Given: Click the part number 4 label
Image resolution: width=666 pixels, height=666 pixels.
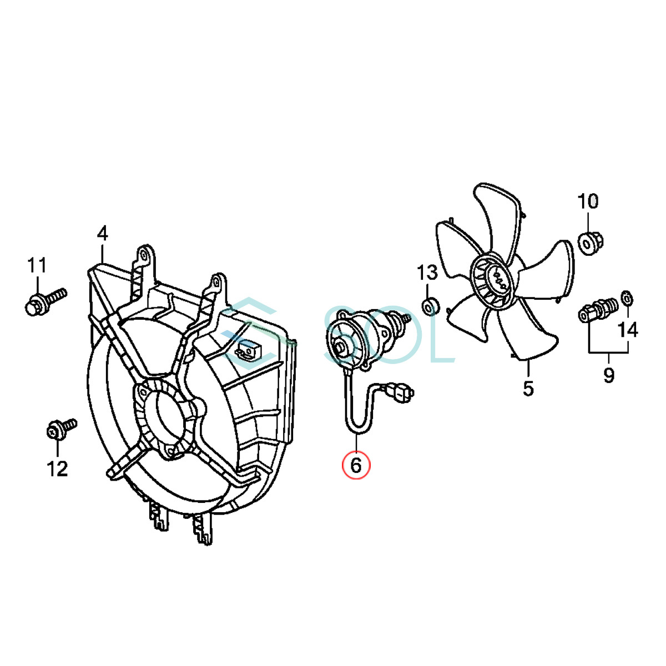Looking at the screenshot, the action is pyautogui.click(x=103, y=234).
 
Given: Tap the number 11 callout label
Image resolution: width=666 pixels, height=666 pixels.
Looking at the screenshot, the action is pyautogui.click(x=37, y=266).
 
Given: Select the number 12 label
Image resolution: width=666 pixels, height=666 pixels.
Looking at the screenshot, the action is pyautogui.click(x=57, y=468).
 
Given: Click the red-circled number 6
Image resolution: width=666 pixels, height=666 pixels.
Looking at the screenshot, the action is pyautogui.click(x=356, y=465).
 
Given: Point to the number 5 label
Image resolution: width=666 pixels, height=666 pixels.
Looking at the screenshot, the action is pyautogui.click(x=528, y=388).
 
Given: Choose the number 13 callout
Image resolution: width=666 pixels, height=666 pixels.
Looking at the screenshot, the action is pyautogui.click(x=427, y=273).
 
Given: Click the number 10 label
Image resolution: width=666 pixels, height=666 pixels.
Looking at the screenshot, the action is pyautogui.click(x=588, y=201).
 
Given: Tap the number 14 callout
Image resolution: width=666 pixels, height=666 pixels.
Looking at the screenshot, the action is pyautogui.click(x=628, y=330).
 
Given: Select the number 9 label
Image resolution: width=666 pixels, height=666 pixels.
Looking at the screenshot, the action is pyautogui.click(x=609, y=375).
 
